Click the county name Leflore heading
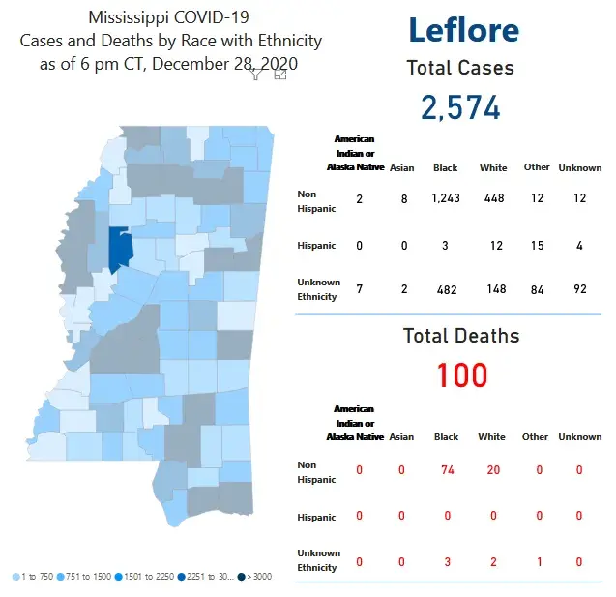click(463, 30)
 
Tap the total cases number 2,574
click(461, 107)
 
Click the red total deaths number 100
click(462, 374)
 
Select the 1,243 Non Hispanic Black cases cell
click(446, 199)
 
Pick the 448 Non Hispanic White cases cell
click(494, 199)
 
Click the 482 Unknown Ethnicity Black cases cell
click(445, 289)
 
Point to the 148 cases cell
click(494, 289)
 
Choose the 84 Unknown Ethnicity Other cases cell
click(537, 289)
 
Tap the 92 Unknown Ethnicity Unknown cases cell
click(579, 289)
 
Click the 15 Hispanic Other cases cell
click(537, 245)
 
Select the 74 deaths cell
click(446, 470)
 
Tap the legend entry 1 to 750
click(34, 577)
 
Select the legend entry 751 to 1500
click(88, 577)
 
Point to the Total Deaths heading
click(461, 336)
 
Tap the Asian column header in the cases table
click(401, 168)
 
